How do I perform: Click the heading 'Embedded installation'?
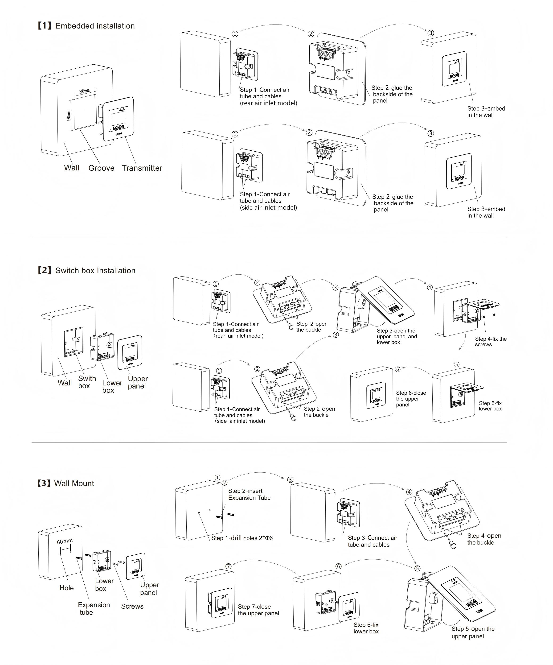click(95, 26)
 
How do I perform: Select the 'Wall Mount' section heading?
click(74, 483)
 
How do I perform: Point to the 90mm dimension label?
click(68, 116)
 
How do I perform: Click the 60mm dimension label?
click(65, 541)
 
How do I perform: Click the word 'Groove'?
click(101, 168)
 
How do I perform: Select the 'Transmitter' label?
click(142, 168)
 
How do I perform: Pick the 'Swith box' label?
click(87, 382)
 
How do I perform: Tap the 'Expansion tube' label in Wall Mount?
click(94, 609)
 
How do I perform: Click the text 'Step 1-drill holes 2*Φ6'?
click(242, 538)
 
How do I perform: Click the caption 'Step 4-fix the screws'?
click(490, 342)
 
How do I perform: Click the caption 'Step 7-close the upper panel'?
click(258, 610)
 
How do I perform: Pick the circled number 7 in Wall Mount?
click(228, 566)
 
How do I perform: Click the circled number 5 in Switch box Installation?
click(456, 364)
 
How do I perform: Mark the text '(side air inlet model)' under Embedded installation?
click(268, 208)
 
